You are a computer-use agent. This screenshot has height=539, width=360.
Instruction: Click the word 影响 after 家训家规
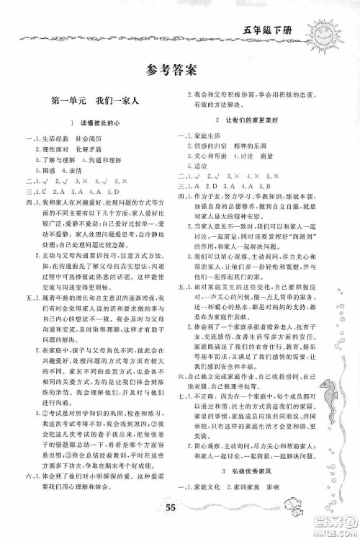[x=279, y=504]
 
